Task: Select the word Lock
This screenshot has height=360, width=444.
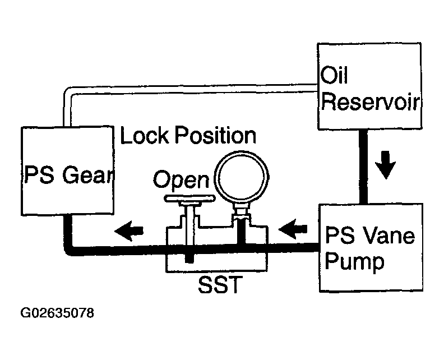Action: point(145,135)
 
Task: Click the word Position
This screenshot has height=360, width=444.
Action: point(215,136)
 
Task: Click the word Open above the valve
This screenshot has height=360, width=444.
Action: point(181,179)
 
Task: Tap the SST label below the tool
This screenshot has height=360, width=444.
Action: point(220,284)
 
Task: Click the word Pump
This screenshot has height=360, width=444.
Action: point(354,261)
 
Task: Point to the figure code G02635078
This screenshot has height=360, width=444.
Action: point(57,313)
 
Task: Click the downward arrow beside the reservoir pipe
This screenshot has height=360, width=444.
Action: point(385,165)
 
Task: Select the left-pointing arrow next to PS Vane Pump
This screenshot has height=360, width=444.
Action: point(293,229)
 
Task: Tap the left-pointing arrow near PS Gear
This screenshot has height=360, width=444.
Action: point(129,231)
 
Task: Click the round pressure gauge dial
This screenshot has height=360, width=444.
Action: point(242,177)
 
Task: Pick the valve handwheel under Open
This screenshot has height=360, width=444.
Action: point(189,199)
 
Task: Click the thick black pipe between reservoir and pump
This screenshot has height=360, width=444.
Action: point(363,167)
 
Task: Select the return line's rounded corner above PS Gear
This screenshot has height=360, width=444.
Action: point(67,91)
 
